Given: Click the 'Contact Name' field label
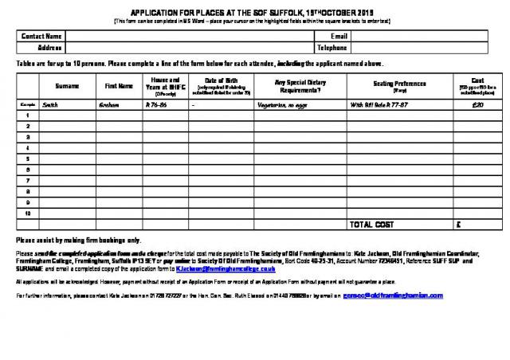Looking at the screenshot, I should pos(41,37).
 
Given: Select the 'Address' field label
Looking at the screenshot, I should pos(49,48).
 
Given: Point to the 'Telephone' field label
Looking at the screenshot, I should pos(332,48).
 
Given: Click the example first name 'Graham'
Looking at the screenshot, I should pos(108,104).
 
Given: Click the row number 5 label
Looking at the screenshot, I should pos(28,158).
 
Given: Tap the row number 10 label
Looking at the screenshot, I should pos(28,213).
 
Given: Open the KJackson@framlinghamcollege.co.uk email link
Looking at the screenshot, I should pos(219,269).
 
